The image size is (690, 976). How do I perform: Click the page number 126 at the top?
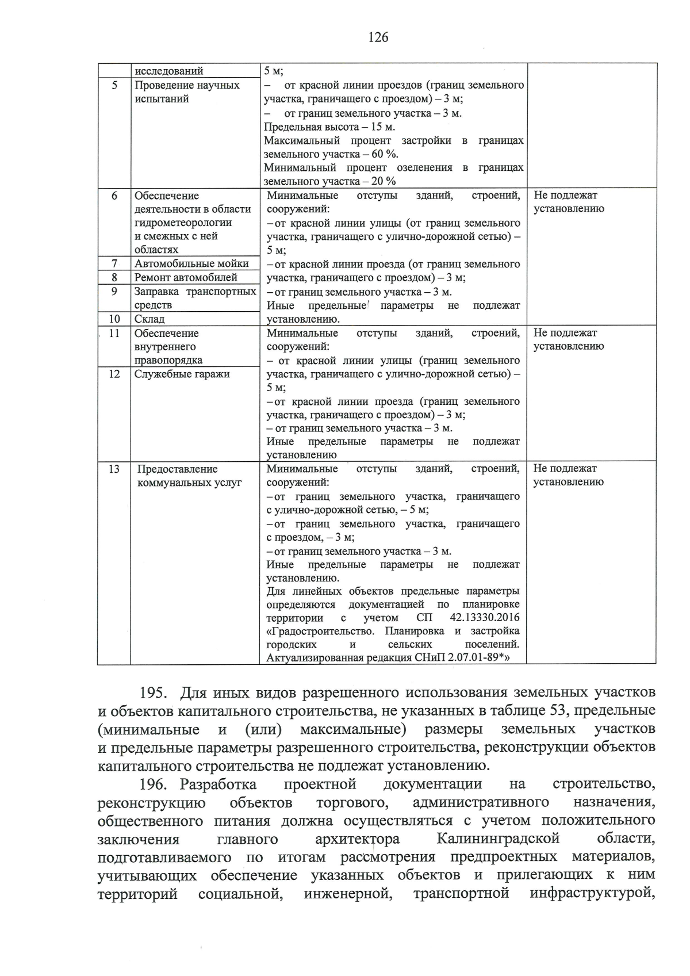point(378,38)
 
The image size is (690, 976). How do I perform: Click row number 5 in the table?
point(114,85)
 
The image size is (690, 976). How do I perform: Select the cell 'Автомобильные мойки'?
point(191,263)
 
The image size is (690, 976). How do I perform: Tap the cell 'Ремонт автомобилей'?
point(186,277)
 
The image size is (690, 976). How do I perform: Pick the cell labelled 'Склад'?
point(149,319)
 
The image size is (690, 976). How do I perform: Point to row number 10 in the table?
point(114,319)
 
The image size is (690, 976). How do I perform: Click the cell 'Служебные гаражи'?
point(182,374)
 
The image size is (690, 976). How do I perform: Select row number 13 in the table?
point(114,469)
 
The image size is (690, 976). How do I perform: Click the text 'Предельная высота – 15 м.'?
point(329,127)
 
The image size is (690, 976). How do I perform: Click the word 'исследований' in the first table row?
point(168,71)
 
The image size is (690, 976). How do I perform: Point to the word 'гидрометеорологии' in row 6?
point(183,223)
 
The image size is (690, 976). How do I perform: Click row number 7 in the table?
point(114,263)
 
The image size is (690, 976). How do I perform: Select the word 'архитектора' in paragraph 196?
point(357,839)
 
